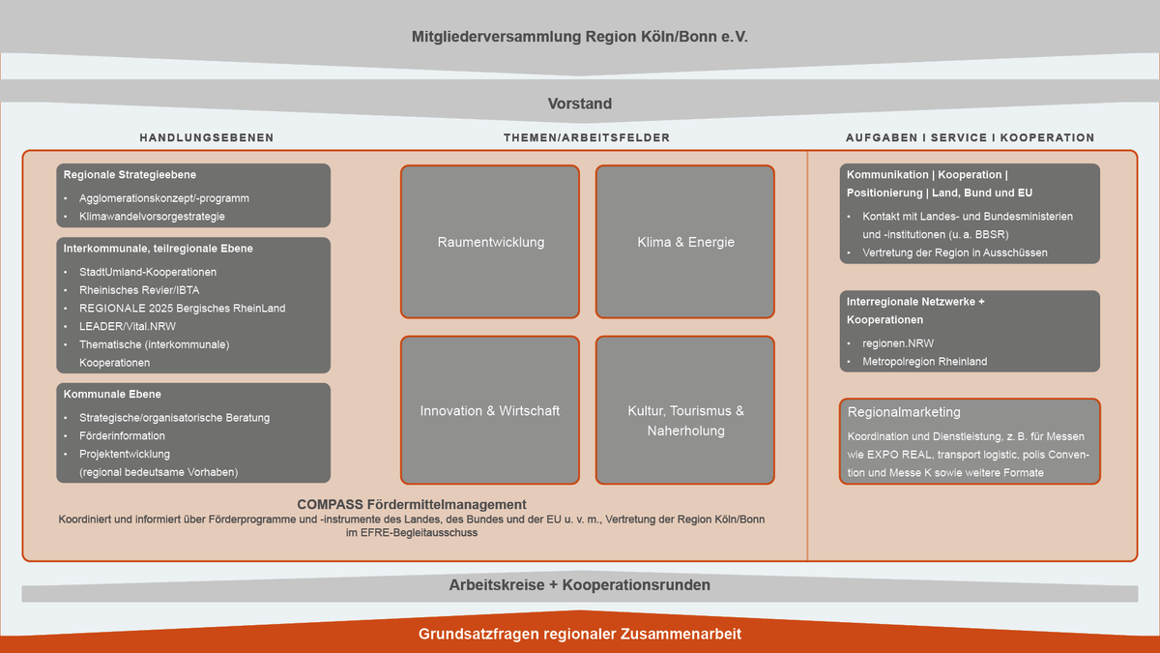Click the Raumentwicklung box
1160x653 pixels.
tap(490, 242)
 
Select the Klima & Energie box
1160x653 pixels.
tap(685, 242)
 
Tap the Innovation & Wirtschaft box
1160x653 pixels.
tap(490, 410)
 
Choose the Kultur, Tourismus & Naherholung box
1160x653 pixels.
tap(685, 420)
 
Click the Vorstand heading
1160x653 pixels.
tap(580, 104)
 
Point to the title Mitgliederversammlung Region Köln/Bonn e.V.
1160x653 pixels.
tap(580, 38)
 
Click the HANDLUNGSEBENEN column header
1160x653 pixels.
tap(206, 137)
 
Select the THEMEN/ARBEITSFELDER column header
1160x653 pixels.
tap(587, 137)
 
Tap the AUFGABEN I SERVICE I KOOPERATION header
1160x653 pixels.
tap(970, 137)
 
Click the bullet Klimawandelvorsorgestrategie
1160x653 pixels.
tap(152, 217)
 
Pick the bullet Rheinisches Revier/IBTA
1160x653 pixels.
tap(139, 289)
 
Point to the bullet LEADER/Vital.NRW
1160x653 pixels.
tap(128, 326)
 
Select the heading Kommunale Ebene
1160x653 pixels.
tap(112, 394)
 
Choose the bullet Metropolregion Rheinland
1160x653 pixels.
tap(925, 362)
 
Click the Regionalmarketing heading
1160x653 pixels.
tap(904, 412)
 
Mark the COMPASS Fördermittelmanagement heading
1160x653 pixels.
tap(412, 504)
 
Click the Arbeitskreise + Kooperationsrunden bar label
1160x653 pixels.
tap(580, 585)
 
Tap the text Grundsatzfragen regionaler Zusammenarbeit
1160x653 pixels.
tap(580, 635)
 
